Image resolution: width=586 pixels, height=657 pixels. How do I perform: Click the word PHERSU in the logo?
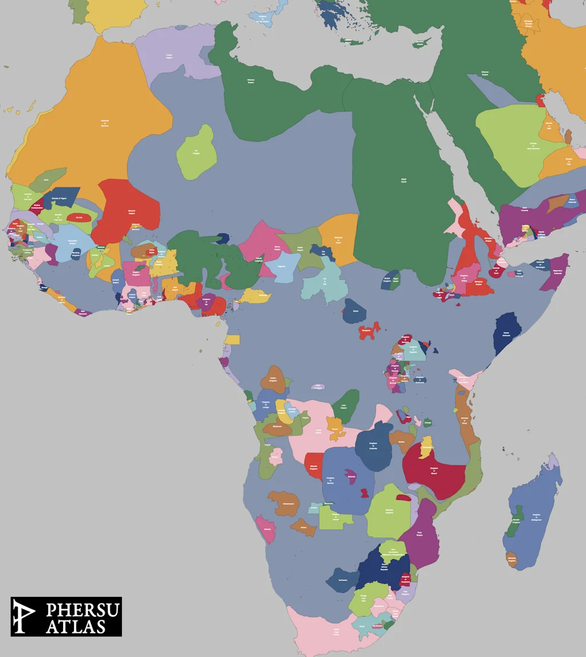pyautogui.click(x=82, y=610)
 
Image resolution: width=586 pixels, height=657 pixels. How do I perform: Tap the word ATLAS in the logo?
pyautogui.click(x=76, y=627)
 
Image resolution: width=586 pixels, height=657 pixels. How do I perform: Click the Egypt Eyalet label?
pyautogui.click(x=403, y=181)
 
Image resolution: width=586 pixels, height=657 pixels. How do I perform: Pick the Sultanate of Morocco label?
pyautogui.click(x=104, y=122)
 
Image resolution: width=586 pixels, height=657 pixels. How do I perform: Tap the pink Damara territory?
pyautogui.click(x=266, y=529)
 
